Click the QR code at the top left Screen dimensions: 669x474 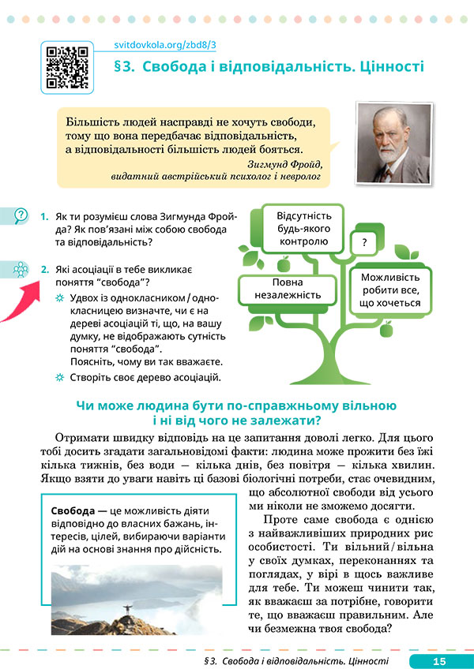click(66, 66)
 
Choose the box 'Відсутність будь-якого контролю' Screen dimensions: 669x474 click(303, 229)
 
